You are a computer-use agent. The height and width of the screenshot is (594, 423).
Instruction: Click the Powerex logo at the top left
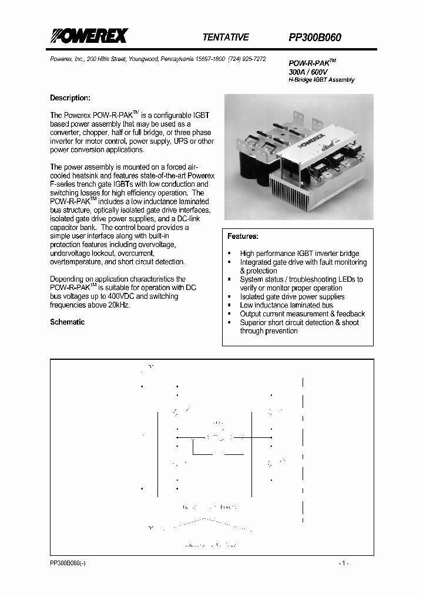[88, 37]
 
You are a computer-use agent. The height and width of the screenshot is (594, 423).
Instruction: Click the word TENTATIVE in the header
[226, 37]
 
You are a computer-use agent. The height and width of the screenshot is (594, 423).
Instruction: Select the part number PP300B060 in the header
[315, 37]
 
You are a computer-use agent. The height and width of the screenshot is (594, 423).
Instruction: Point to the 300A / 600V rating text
[308, 71]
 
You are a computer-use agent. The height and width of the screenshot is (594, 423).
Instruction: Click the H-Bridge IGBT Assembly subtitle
[321, 80]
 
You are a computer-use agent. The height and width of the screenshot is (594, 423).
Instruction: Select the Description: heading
[70, 98]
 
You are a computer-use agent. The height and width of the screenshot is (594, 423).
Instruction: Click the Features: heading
[243, 236]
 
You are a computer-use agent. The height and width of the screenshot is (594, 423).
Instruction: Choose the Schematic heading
[67, 322]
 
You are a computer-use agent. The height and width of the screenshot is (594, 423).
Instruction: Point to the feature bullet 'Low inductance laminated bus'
[286, 305]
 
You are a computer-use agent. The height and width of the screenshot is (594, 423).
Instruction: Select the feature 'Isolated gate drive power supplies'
[292, 297]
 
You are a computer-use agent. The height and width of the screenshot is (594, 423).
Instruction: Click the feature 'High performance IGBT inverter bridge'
[299, 254]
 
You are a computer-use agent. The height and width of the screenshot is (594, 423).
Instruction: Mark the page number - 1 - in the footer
[344, 563]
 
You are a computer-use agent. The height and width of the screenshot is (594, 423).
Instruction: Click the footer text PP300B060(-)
[68, 563]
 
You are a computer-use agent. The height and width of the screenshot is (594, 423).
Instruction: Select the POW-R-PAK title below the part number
[312, 62]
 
